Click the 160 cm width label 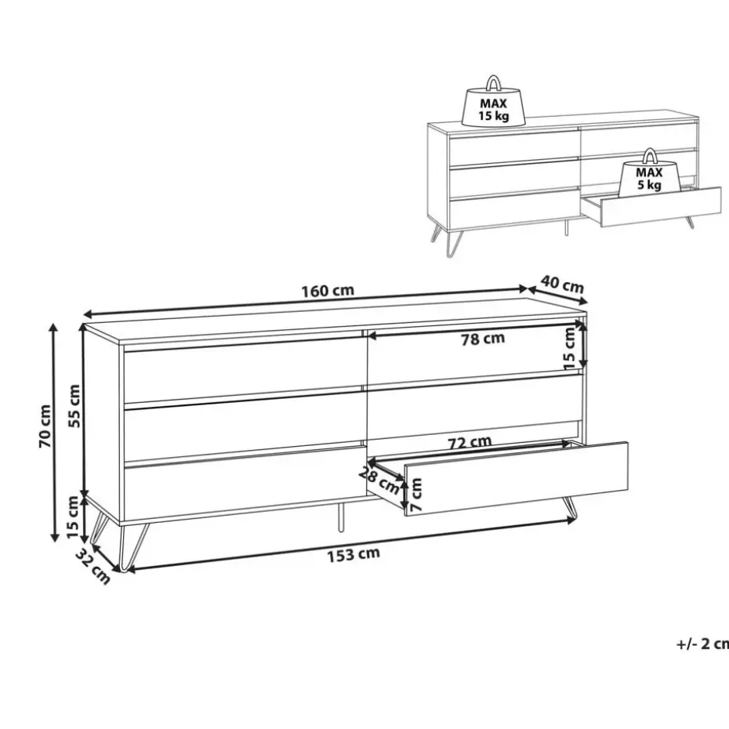pos(328,291)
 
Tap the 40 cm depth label pos(562,284)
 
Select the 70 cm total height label pos(45,426)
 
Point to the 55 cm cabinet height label pos(74,406)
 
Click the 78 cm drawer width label pos(483,339)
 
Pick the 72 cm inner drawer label pos(470,442)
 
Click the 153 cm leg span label pos(354,555)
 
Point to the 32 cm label pos(93,566)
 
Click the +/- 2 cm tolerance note pos(702,644)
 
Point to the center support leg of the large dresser pos(341,517)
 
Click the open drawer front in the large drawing pos(516,479)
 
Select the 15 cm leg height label pos(73,517)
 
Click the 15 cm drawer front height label pos(569,348)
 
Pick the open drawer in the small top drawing pos(651,208)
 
